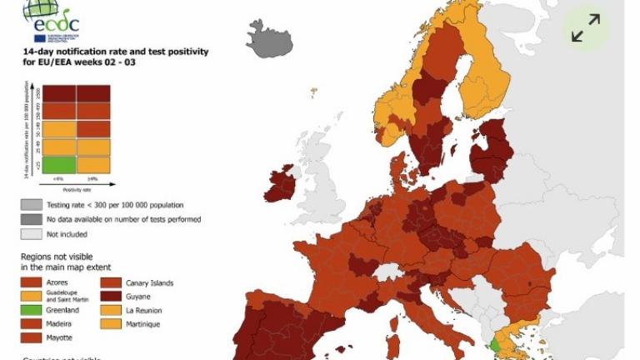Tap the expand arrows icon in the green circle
tap(586, 28)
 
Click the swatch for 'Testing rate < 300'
tap(31, 204)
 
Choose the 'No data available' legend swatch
tap(31, 219)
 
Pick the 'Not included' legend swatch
tap(31, 234)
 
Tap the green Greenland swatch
tap(31, 311)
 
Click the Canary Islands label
tap(149, 283)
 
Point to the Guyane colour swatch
tap(110, 297)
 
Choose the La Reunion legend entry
tap(147, 310)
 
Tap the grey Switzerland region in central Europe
tap(388, 272)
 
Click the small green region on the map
tap(495, 343)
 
